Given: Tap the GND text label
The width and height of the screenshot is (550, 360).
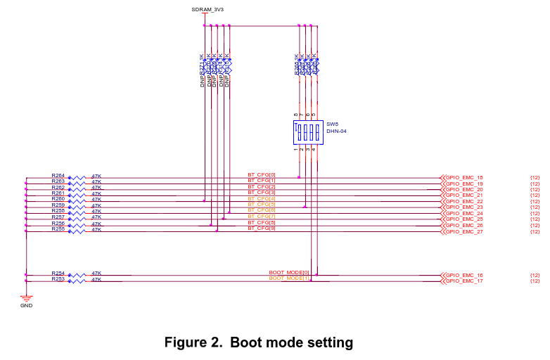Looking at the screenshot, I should (26, 305).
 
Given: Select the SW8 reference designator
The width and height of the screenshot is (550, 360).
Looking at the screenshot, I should (332, 124).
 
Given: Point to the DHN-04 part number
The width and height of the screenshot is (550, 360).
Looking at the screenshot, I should (336, 131).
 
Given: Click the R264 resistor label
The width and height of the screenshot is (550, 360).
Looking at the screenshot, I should (58, 175).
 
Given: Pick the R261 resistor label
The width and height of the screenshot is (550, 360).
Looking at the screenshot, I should (58, 193).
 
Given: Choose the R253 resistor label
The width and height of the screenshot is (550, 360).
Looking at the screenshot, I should (58, 278).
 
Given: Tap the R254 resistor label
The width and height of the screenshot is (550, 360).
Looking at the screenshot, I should (58, 273).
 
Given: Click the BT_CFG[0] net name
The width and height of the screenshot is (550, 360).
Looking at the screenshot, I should (262, 174).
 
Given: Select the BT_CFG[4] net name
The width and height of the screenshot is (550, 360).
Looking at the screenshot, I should (262, 198).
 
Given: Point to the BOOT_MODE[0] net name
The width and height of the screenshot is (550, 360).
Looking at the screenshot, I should (289, 272).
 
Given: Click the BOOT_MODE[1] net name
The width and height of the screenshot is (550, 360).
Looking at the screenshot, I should (289, 278).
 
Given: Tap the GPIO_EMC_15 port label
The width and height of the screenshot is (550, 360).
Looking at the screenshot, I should (463, 178).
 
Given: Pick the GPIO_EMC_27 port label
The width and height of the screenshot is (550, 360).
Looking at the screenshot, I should (463, 231).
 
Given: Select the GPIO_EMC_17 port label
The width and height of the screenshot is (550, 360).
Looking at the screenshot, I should (463, 281).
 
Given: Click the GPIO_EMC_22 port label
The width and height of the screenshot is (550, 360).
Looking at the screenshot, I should (463, 202).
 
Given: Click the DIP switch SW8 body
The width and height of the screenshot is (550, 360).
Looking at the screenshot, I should (307, 131).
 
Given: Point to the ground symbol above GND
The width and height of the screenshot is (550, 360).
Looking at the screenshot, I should (26, 298).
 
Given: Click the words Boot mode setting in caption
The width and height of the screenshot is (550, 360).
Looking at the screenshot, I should (291, 342).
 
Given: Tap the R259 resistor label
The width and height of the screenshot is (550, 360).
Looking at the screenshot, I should (58, 205).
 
